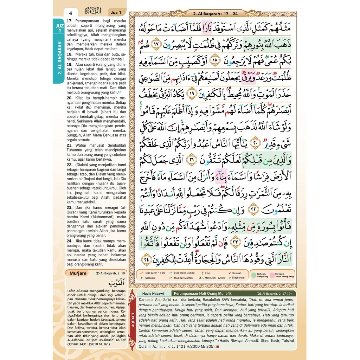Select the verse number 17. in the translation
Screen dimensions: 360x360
click(x=69, y=21)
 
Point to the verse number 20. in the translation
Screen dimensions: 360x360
click(x=69, y=97)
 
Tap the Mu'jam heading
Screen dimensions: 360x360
click(x=78, y=273)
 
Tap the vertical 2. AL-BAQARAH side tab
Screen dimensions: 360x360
click(x=59, y=58)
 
